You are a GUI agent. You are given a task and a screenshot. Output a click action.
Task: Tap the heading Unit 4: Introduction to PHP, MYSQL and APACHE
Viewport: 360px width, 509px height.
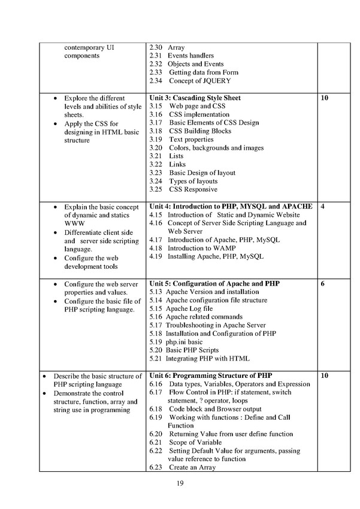click(x=230, y=206)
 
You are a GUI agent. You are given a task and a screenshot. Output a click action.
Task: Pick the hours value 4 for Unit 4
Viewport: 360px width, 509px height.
click(x=323, y=206)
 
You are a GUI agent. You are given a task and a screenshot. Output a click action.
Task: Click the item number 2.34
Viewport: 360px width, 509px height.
click(x=155, y=81)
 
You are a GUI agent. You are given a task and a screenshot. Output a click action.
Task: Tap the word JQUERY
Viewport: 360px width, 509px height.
click(x=215, y=81)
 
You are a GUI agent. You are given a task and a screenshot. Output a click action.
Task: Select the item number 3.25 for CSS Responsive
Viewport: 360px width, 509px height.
click(x=155, y=189)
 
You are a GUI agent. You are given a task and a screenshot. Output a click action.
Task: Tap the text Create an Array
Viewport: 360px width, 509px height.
click(x=192, y=468)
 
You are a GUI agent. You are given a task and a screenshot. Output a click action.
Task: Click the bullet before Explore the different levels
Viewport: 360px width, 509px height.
click(x=56, y=98)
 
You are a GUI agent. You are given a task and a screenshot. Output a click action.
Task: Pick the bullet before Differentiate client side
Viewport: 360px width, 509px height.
click(x=56, y=232)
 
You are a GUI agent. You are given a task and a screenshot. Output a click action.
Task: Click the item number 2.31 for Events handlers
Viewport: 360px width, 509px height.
click(x=155, y=56)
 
